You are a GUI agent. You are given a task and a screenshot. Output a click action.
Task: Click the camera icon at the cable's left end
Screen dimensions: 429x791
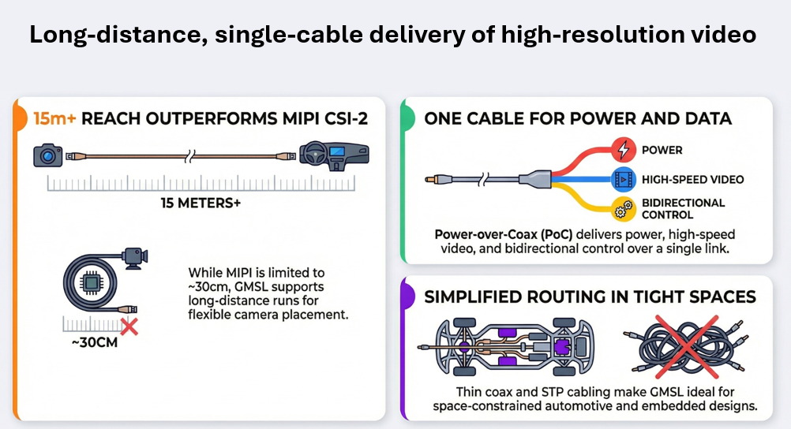pyautogui.click(x=47, y=155)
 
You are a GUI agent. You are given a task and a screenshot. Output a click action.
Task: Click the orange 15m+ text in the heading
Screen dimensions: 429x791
pyautogui.click(x=55, y=119)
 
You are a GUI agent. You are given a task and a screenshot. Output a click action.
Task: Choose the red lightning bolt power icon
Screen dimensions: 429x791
pyautogui.click(x=624, y=150)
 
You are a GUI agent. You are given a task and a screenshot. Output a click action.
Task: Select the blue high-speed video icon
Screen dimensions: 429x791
pyautogui.click(x=624, y=180)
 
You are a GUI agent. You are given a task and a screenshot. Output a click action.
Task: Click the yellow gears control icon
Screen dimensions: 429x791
pyautogui.click(x=624, y=208)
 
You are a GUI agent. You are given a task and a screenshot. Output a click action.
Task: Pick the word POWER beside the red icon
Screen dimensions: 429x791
pyautogui.click(x=662, y=150)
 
